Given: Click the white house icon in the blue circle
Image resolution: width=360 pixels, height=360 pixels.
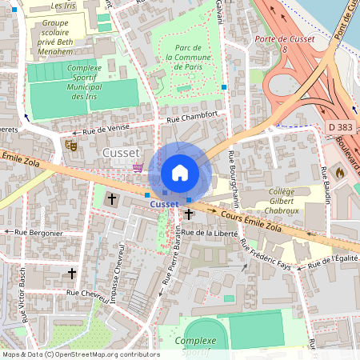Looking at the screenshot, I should coord(180,173).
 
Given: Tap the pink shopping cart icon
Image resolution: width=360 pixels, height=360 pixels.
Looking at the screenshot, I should coord(138,167).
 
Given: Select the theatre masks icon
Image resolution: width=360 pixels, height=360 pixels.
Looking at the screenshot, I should coord(70,146).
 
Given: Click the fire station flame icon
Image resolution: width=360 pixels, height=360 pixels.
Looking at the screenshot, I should coord(339,171).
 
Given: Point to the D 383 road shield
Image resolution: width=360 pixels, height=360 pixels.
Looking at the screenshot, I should coord(340,127).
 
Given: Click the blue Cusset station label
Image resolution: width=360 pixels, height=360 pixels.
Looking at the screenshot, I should coord(164,204).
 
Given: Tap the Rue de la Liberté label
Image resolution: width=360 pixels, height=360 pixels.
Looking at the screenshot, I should coord(210,233).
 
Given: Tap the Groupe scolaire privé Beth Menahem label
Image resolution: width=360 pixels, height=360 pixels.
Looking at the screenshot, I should coord(60,36).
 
